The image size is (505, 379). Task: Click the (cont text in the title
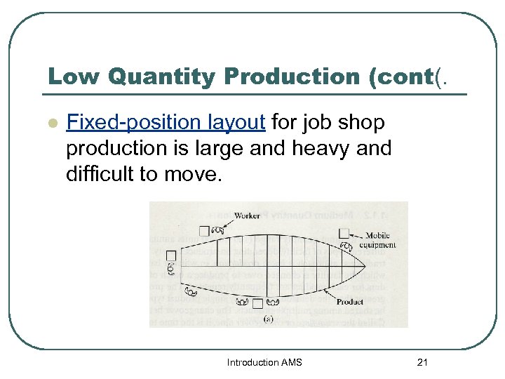pos(396,77)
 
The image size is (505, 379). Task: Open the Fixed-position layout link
pos(166,123)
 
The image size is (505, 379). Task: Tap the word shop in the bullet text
pos(362,123)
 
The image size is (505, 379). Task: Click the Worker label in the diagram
pos(247,215)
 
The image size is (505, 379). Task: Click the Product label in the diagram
pos(349,302)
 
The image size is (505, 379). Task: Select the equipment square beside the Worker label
pos(204,230)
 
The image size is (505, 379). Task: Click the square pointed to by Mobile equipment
pos(344,233)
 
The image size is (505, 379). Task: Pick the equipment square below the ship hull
pos(257,304)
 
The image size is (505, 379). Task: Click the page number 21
pos(422,362)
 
